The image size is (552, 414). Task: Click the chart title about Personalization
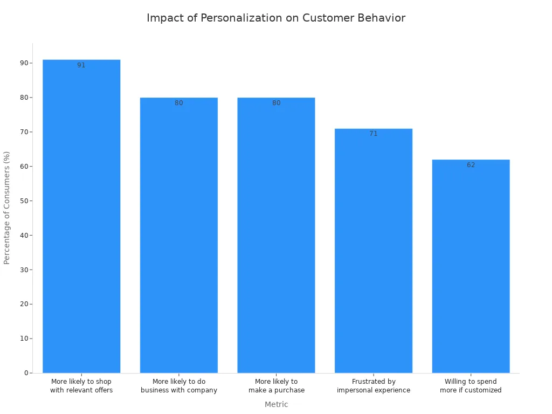[276, 18]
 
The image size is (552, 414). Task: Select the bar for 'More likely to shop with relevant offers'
[81, 216]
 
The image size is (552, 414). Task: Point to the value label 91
[81, 65]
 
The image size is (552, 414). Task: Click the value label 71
[374, 134]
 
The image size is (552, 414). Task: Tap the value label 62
[471, 165]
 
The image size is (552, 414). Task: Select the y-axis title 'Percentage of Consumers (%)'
[7, 208]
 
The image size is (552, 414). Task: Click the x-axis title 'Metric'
[276, 404]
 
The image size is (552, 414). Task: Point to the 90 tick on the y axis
[24, 63]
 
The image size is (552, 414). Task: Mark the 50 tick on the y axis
[24, 201]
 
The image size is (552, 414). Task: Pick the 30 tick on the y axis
[24, 270]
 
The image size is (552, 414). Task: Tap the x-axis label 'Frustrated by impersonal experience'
[374, 386]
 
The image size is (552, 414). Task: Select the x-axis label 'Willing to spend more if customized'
[471, 386]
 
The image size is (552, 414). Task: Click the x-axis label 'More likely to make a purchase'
[276, 386]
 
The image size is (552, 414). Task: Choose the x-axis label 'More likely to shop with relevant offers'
[81, 386]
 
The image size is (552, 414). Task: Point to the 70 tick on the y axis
[24, 132]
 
